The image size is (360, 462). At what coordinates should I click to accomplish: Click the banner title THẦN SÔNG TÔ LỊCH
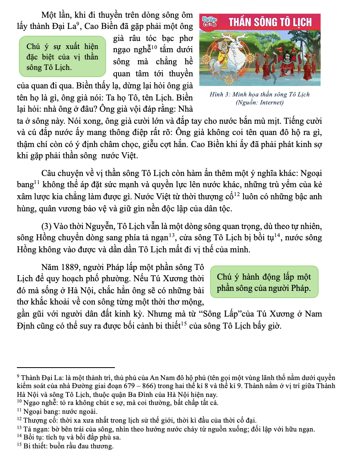[x=270, y=22]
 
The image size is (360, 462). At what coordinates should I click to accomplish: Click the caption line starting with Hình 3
[x=260, y=95]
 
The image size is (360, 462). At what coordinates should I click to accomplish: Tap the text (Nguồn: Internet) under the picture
[x=260, y=102]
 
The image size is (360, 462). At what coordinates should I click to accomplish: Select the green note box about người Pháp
[x=264, y=282]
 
